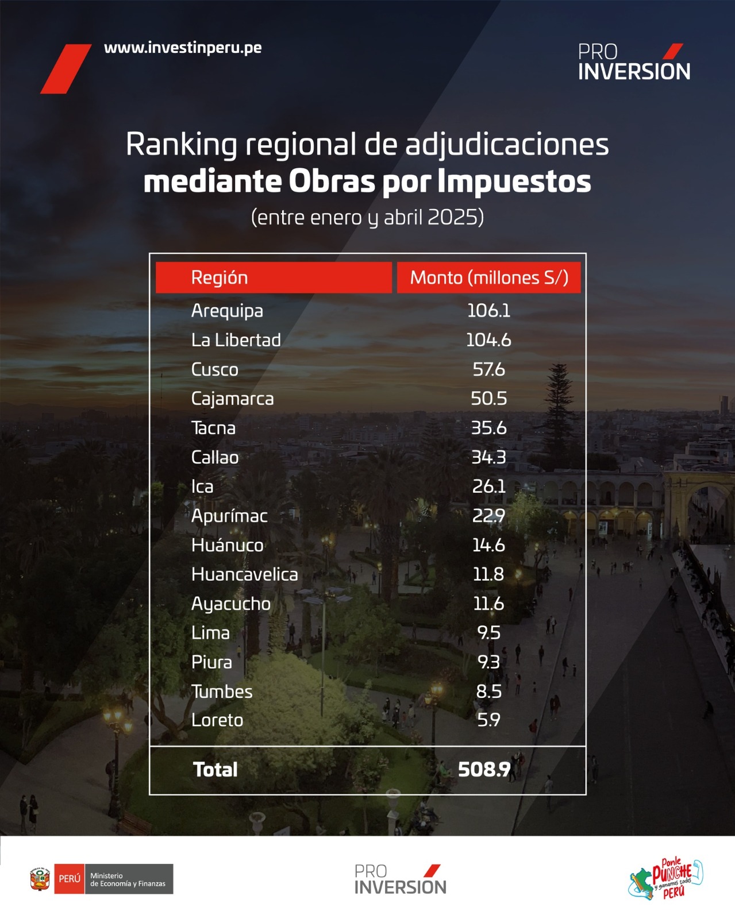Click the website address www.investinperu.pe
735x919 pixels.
click(183, 48)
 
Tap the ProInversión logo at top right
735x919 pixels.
click(634, 62)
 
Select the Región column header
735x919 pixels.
click(220, 278)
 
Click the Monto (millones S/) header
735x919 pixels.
click(489, 278)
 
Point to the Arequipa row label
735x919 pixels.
click(227, 311)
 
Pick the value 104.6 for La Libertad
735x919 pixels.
click(488, 340)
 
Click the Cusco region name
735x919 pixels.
click(214, 369)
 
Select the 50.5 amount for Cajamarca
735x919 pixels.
click(488, 399)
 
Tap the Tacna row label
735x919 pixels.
click(213, 428)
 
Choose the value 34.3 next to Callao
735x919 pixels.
click(488, 457)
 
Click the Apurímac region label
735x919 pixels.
click(229, 516)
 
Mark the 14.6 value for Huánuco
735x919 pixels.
click(488, 545)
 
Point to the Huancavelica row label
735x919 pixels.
click(244, 574)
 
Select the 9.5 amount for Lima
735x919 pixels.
click(488, 633)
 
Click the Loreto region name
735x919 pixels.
click(217, 720)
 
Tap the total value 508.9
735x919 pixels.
click(484, 770)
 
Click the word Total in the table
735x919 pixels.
click(215, 770)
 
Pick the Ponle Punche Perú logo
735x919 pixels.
click(667, 878)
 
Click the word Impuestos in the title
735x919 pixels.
click(514, 182)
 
